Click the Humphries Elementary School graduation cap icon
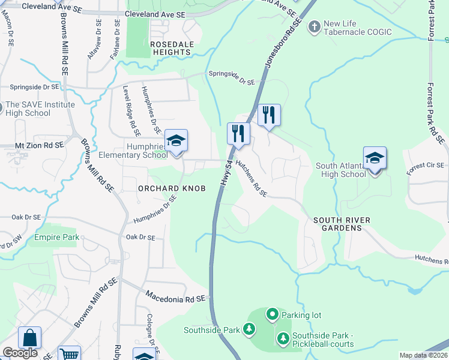[x=176, y=140]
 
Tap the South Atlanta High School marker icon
[x=375, y=158]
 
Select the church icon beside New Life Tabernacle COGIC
[x=314, y=27]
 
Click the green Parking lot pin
[x=272, y=314]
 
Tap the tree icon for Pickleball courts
[x=283, y=339]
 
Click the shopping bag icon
[x=29, y=338]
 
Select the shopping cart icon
[x=70, y=353]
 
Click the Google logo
[x=20, y=353]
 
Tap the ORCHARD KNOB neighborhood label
[x=172, y=188]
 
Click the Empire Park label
[x=56, y=238]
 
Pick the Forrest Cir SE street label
[x=425, y=169]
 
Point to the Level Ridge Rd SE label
[x=131, y=111]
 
